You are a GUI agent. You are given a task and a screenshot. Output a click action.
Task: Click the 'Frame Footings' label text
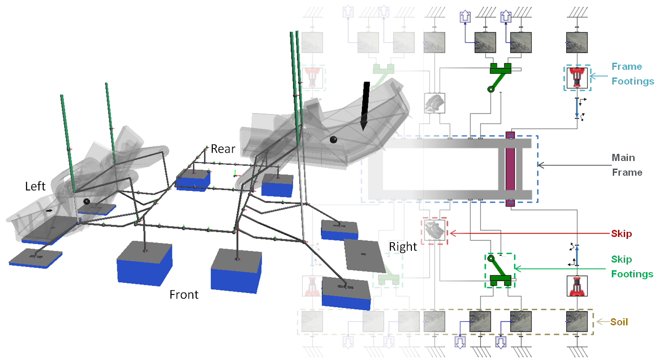coord(626,74)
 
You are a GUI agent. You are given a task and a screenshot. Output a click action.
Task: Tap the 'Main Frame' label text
coord(627,165)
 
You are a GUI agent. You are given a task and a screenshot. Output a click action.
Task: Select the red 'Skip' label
coord(621,234)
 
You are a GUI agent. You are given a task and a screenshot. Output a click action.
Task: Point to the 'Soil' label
coord(619,322)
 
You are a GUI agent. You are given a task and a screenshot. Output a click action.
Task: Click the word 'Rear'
coord(223,149)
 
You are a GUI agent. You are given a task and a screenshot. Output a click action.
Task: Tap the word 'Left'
coord(35,186)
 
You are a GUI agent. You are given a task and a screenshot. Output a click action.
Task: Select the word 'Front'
coord(184,295)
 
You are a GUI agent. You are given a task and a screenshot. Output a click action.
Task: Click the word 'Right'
coord(403,246)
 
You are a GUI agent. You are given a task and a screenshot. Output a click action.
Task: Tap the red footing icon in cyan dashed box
coord(577,78)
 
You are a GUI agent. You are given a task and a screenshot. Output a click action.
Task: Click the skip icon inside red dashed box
coord(434,232)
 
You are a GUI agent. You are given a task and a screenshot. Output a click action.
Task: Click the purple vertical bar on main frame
coord(510,169)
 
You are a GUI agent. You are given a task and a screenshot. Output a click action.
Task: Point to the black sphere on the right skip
coord(333,140)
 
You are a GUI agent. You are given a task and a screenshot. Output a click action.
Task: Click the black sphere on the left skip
coord(86,201)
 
